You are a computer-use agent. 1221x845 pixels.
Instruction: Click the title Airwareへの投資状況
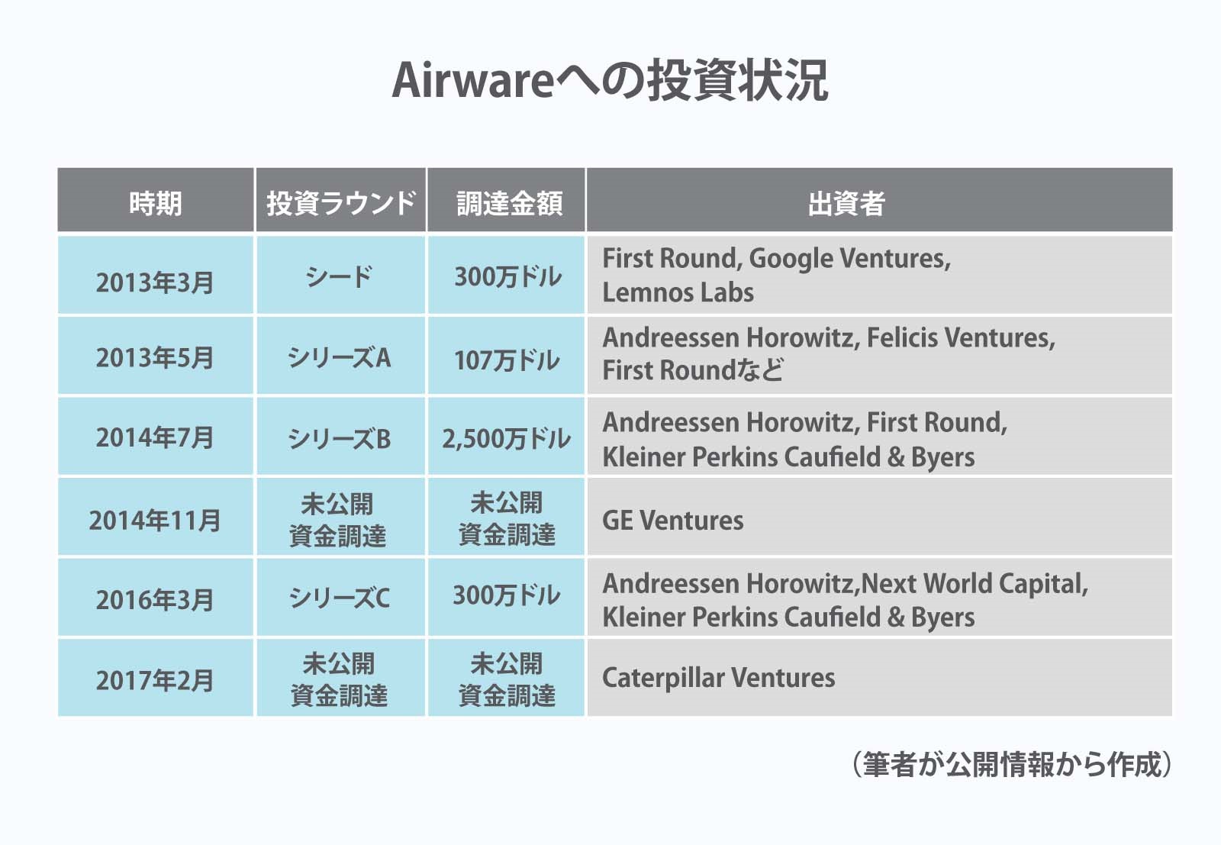tap(610, 81)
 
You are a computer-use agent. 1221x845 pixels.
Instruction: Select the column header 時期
tap(156, 203)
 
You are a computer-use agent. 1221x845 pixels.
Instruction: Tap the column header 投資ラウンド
tap(341, 203)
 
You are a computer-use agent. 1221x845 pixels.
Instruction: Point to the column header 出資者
tap(846, 203)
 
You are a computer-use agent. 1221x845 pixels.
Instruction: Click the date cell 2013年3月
tap(155, 282)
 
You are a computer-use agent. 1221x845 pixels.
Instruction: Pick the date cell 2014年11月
tap(155, 520)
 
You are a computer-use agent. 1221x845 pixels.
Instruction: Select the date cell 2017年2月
tap(155, 680)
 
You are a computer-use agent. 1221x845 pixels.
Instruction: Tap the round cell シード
tap(339, 276)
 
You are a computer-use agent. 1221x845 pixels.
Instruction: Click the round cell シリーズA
tap(339, 358)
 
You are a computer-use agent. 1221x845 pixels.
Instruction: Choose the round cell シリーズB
tap(339, 438)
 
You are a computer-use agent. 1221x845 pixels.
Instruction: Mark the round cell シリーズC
tap(339, 598)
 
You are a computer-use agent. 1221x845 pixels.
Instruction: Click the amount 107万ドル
tap(507, 360)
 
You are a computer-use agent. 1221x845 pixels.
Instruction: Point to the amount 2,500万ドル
tap(507, 439)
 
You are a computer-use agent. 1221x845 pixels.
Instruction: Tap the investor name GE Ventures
tap(672, 520)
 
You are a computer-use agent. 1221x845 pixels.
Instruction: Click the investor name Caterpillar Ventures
tap(718, 678)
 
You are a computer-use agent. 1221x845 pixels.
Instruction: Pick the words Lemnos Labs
tap(678, 292)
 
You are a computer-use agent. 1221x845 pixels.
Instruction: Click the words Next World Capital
tap(972, 584)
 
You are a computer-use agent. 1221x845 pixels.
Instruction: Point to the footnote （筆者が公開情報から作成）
tap(1011, 764)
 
